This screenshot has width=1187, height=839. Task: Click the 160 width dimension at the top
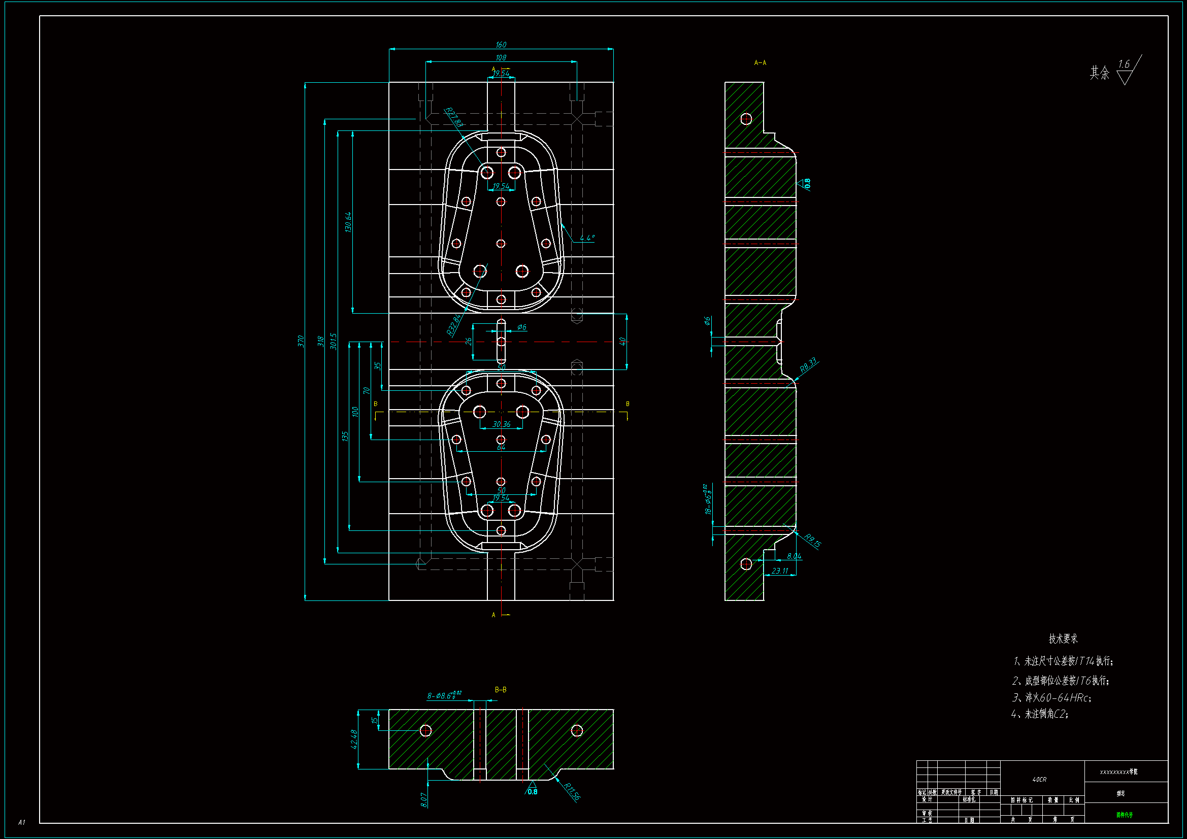[x=501, y=45]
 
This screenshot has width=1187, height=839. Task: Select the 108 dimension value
[x=501, y=58]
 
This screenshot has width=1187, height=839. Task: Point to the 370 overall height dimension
[x=301, y=341]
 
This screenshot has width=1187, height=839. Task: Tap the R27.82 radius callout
[x=454, y=117]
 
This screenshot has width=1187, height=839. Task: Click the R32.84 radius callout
[x=453, y=325]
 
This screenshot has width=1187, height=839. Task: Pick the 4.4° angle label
[x=587, y=238]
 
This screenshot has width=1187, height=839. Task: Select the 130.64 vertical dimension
[x=348, y=222]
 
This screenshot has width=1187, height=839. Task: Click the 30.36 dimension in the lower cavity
[x=501, y=424]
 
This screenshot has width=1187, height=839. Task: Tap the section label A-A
[x=760, y=62]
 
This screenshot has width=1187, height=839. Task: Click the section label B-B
[x=501, y=690]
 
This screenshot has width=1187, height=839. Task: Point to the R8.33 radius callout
[x=808, y=365]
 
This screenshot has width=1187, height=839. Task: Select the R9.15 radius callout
[x=812, y=541]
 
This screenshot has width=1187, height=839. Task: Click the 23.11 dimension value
[x=780, y=571]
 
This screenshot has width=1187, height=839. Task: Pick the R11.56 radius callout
[x=572, y=792]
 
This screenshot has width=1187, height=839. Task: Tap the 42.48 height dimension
[x=354, y=739]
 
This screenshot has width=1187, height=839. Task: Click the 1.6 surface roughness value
[x=1124, y=64]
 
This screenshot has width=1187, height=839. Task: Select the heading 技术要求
[x=1063, y=639]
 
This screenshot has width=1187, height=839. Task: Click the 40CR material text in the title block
[x=1039, y=780]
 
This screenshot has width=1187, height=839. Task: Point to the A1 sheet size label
[x=22, y=822]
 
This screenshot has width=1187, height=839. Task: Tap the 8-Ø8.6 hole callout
[x=444, y=695]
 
